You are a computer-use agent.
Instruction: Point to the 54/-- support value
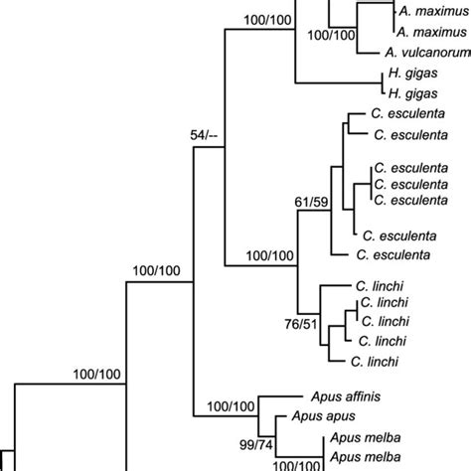(206, 133)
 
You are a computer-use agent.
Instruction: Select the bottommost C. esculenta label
(395, 255)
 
